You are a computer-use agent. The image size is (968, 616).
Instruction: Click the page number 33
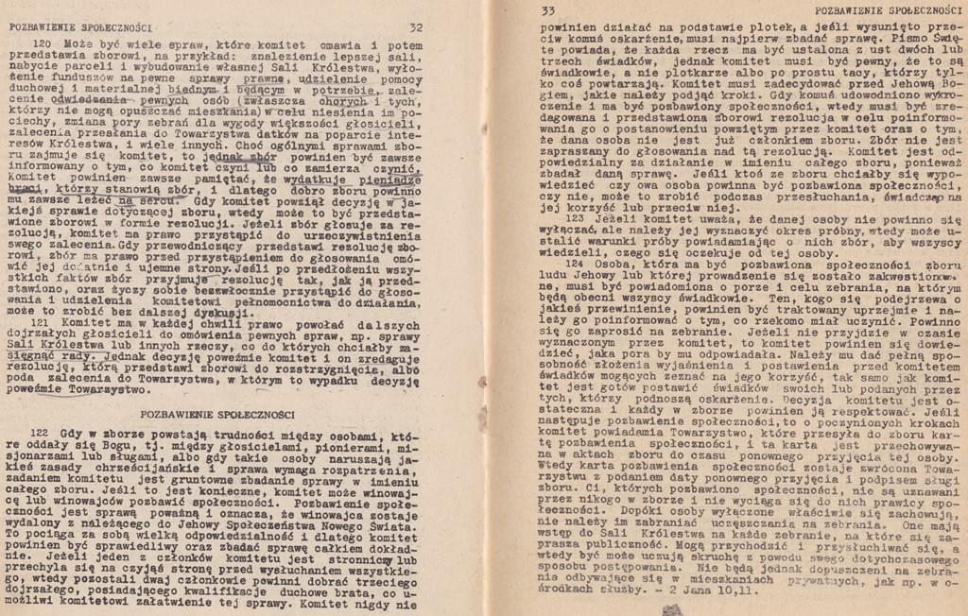coord(547,10)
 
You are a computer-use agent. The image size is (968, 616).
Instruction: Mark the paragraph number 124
coord(577,265)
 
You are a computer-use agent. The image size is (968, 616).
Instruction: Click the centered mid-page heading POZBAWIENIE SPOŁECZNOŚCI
coord(217,413)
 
